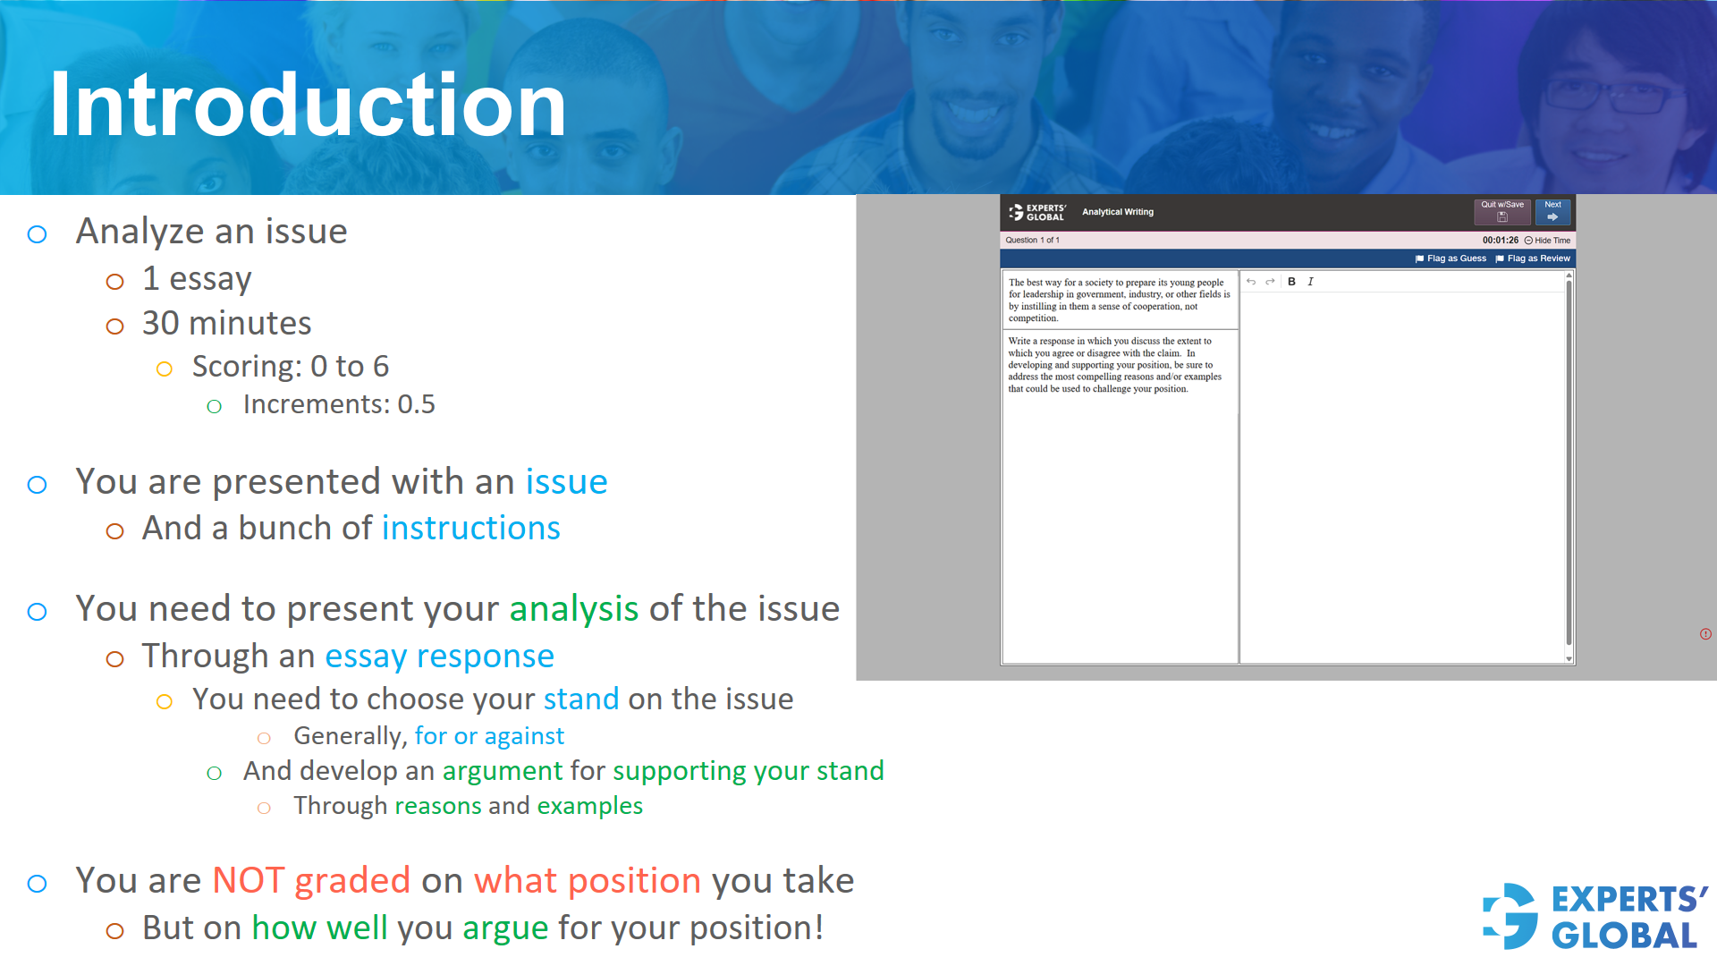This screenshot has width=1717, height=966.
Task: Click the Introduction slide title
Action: [308, 106]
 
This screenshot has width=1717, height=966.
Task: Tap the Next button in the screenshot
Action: [1552, 212]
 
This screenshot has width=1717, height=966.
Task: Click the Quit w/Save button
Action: [1501, 212]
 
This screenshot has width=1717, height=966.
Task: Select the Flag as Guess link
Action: [1451, 258]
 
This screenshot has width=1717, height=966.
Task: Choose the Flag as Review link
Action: [1533, 258]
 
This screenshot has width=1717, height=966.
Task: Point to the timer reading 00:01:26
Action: [1500, 241]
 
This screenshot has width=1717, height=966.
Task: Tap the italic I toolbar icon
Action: [1310, 282]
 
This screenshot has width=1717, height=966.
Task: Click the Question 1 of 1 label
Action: [1032, 241]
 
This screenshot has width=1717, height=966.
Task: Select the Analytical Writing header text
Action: [1117, 212]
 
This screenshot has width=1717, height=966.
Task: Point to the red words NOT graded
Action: [310, 881]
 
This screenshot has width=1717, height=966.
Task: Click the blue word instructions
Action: [470, 529]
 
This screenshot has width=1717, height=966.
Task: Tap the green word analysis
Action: [573, 609]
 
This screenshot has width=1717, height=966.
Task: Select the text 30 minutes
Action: [226, 324]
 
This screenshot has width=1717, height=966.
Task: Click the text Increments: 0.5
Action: [338, 404]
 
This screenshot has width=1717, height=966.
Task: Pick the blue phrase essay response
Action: [439, 657]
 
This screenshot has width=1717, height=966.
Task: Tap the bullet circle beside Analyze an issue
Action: [37, 234]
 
